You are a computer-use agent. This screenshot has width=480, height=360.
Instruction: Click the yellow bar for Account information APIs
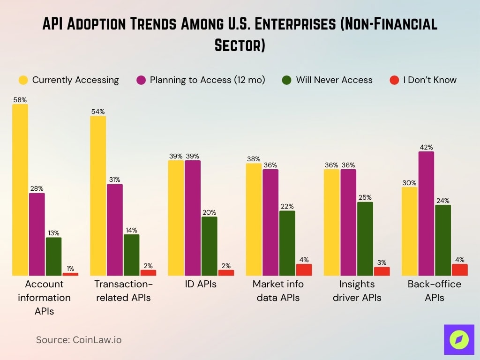(x=20, y=190)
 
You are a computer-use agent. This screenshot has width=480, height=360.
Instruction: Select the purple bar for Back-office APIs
(x=426, y=213)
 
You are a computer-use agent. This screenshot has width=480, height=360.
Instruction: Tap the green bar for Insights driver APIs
(x=365, y=239)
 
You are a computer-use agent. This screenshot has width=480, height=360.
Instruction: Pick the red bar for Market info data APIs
(x=303, y=270)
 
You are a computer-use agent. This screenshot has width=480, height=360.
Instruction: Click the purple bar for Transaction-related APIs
(x=115, y=230)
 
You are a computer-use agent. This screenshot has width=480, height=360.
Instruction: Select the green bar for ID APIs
(x=210, y=246)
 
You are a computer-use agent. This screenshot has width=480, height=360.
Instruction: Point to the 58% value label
(x=20, y=100)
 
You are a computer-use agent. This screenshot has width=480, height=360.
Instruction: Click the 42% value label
(x=426, y=147)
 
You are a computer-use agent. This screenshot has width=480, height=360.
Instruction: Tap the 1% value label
(x=70, y=269)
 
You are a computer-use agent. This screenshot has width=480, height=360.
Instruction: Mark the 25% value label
(x=365, y=197)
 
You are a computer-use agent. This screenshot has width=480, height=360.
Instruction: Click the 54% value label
(x=98, y=112)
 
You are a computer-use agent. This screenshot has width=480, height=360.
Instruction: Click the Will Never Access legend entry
(x=327, y=80)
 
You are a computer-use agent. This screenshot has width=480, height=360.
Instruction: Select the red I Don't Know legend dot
(x=394, y=80)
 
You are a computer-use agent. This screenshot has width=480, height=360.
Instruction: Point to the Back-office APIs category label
(x=434, y=291)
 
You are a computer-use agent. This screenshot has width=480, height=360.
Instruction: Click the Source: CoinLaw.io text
(x=79, y=340)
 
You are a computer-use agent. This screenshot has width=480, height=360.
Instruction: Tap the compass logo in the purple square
(x=459, y=339)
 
